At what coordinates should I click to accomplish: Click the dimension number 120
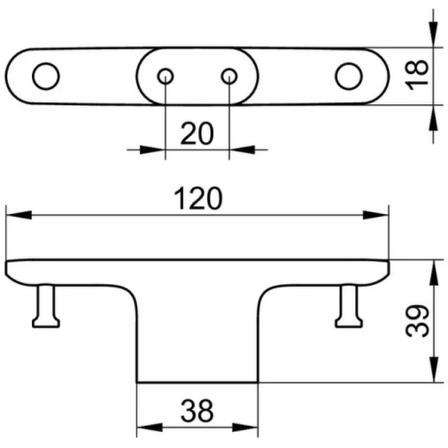pos(198,198)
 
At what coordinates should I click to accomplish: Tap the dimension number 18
pos(417,76)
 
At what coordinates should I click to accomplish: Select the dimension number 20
pos(197,133)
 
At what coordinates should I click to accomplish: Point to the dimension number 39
pos(417,321)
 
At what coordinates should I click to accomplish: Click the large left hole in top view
pos(46,76)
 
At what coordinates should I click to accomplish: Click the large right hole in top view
pos(348,76)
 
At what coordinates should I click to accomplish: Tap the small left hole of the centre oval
pos(165,76)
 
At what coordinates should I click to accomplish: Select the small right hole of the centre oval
pos(229,76)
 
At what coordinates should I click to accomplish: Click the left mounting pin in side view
pos(46,306)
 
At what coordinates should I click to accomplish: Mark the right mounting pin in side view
pos(349,306)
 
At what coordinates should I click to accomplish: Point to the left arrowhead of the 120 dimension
pos(18,215)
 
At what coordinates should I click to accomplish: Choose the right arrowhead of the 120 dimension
pos(376,215)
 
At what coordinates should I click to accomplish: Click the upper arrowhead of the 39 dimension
pos(433,273)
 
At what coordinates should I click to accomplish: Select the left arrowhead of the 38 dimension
pos(150,427)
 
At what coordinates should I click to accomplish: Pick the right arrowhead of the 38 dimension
pos(245,427)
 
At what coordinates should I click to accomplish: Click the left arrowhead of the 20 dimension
pos(152,150)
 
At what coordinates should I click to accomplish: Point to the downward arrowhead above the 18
pos(433,34)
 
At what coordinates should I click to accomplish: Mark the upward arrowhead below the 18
pos(433,118)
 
